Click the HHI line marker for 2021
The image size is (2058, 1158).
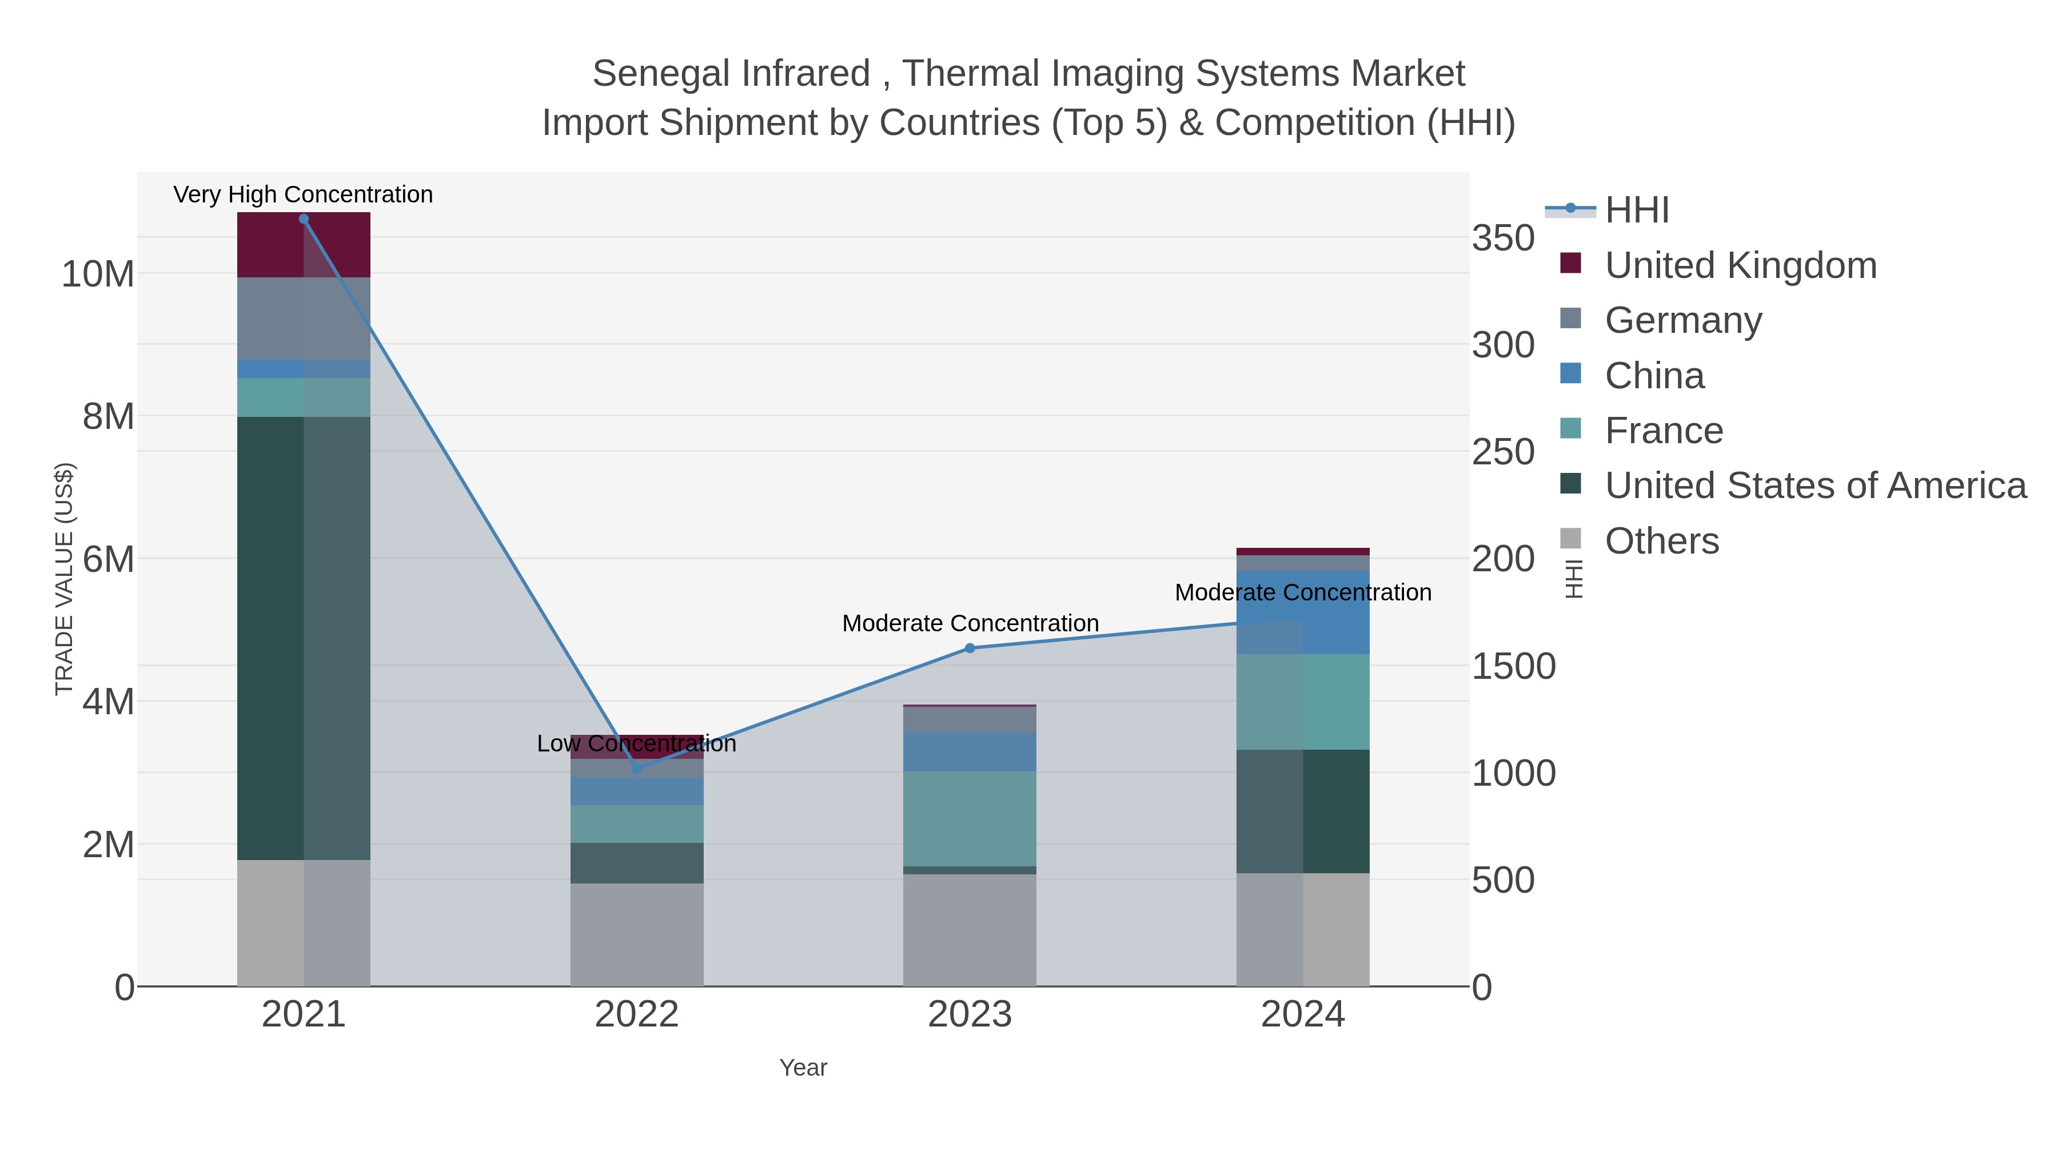click(304, 219)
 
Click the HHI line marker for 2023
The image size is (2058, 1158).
click(970, 648)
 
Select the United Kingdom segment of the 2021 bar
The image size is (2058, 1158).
click(304, 245)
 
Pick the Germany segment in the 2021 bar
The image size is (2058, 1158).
click(304, 319)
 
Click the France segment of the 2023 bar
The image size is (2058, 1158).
click(970, 818)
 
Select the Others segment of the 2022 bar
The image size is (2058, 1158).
click(637, 934)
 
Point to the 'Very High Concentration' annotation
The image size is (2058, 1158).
click(304, 194)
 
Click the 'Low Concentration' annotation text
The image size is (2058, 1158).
click(637, 743)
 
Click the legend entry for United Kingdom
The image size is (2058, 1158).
click(1740, 265)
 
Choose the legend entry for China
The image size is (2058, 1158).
click(1654, 376)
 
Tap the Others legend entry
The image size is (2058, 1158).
click(1662, 541)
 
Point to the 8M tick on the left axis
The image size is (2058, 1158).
click(108, 416)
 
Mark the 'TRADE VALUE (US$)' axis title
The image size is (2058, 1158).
click(64, 579)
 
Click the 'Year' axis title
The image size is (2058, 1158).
click(803, 1068)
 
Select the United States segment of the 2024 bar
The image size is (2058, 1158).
click(1303, 811)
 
